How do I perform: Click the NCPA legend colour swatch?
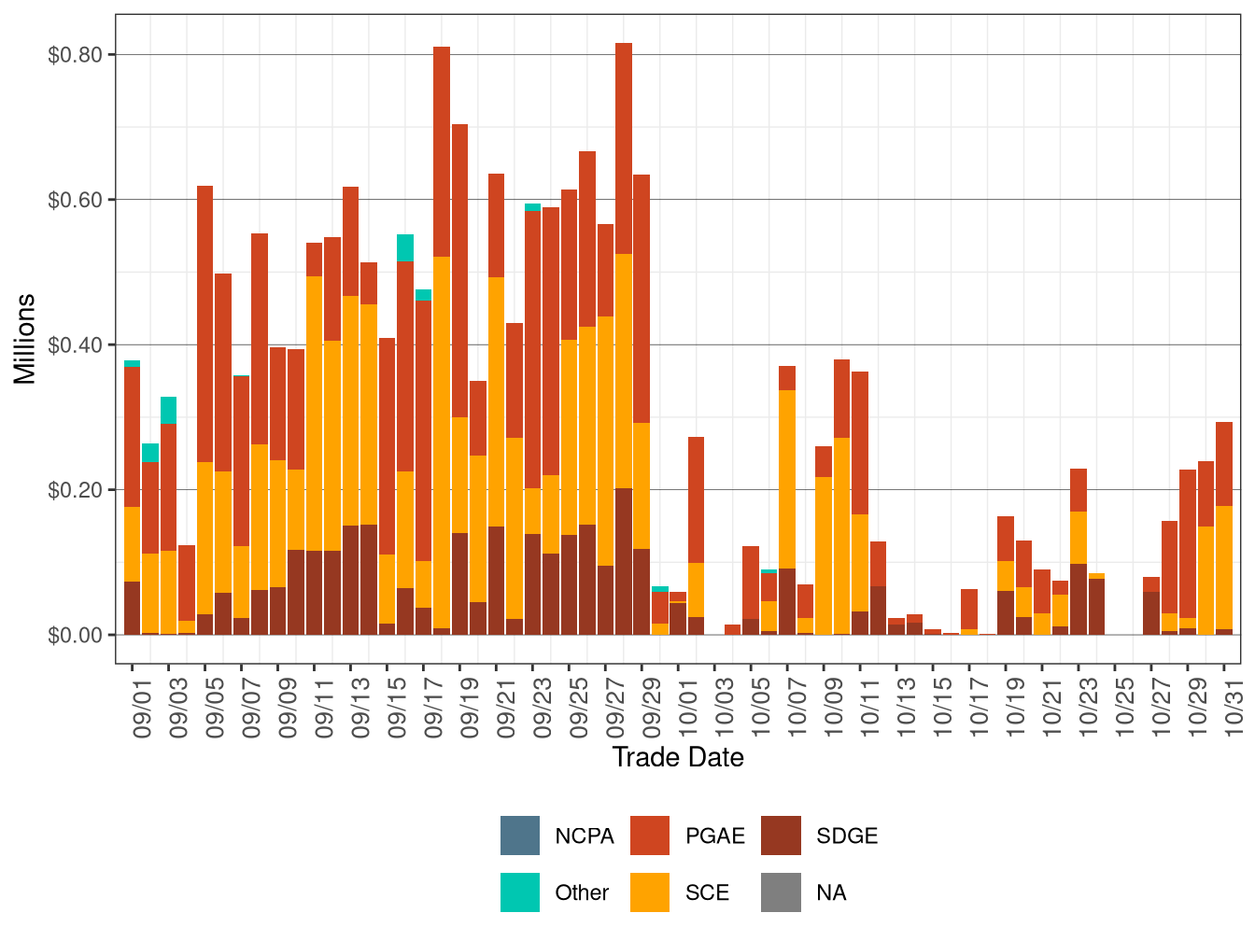(x=519, y=836)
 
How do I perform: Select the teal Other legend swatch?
(x=519, y=892)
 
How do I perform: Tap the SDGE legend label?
(x=846, y=836)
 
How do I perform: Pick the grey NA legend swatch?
(x=781, y=892)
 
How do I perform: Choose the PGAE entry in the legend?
(x=714, y=836)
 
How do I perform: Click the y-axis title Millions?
(x=25, y=339)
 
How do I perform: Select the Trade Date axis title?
(x=677, y=757)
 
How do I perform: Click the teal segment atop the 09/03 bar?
(x=168, y=410)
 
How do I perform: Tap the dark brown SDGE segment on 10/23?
(x=1079, y=598)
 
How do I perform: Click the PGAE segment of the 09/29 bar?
(x=642, y=299)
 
